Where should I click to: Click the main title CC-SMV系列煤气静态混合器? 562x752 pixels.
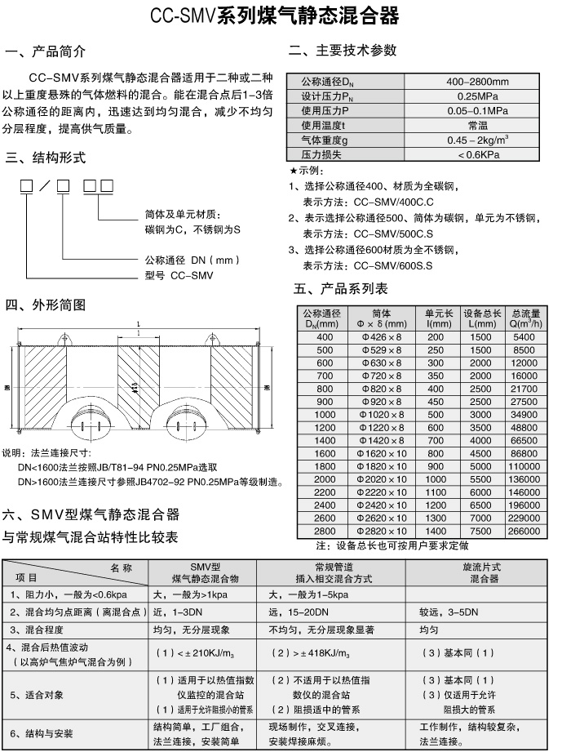[280, 16]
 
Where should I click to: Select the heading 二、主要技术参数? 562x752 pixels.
[343, 51]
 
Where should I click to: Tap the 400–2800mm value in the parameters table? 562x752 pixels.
[477, 82]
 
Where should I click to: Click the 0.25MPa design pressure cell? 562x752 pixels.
[477, 96]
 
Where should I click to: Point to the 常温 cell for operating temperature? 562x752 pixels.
[477, 125]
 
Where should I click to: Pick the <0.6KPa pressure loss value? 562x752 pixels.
[477, 154]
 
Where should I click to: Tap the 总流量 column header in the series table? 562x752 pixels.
[526, 318]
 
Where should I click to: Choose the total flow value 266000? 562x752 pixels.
[526, 531]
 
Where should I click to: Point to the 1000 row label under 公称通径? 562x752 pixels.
[325, 415]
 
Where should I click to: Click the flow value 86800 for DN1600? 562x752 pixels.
[526, 453]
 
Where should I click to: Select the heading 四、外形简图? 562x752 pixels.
[45, 305]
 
